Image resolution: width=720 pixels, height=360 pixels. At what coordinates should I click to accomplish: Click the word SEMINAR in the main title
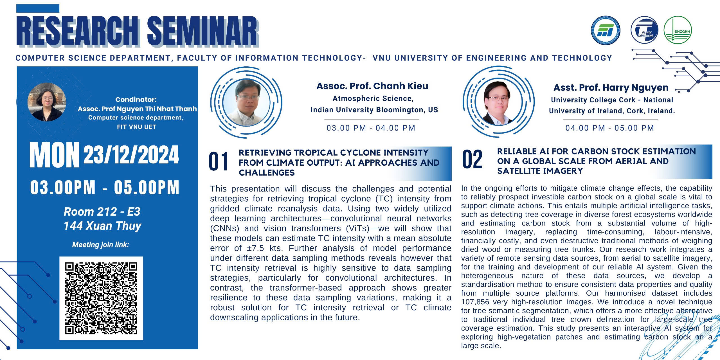tap(202, 31)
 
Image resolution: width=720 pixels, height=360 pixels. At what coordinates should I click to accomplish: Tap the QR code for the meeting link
tap(101, 298)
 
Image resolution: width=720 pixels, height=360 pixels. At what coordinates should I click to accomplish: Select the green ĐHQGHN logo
tap(678, 30)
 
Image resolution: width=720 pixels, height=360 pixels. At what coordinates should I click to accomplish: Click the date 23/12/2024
tap(131, 155)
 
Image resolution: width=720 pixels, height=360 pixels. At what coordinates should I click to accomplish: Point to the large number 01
tap(219, 161)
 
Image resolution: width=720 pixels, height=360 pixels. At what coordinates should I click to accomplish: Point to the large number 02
tap(472, 159)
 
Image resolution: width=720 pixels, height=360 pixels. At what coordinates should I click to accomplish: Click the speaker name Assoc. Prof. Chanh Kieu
tap(372, 86)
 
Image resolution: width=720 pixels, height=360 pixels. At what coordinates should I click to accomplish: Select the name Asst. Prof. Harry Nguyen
tap(611, 88)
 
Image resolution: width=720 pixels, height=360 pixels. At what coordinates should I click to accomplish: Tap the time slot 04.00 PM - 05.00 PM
tap(610, 128)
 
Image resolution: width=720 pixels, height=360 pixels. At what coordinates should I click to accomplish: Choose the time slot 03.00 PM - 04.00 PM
tap(371, 128)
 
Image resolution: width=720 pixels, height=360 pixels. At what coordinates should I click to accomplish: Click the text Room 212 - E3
tap(102, 212)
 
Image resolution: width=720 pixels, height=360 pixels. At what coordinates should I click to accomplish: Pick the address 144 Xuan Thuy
tap(102, 226)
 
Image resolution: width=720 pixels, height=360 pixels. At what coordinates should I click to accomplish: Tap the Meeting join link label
tap(100, 245)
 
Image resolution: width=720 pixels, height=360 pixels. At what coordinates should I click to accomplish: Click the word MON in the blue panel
tap(54, 155)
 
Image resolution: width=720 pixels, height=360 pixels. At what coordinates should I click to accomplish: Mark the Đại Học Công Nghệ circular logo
tap(644, 30)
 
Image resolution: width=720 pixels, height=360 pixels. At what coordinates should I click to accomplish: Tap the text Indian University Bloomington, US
tap(374, 110)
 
